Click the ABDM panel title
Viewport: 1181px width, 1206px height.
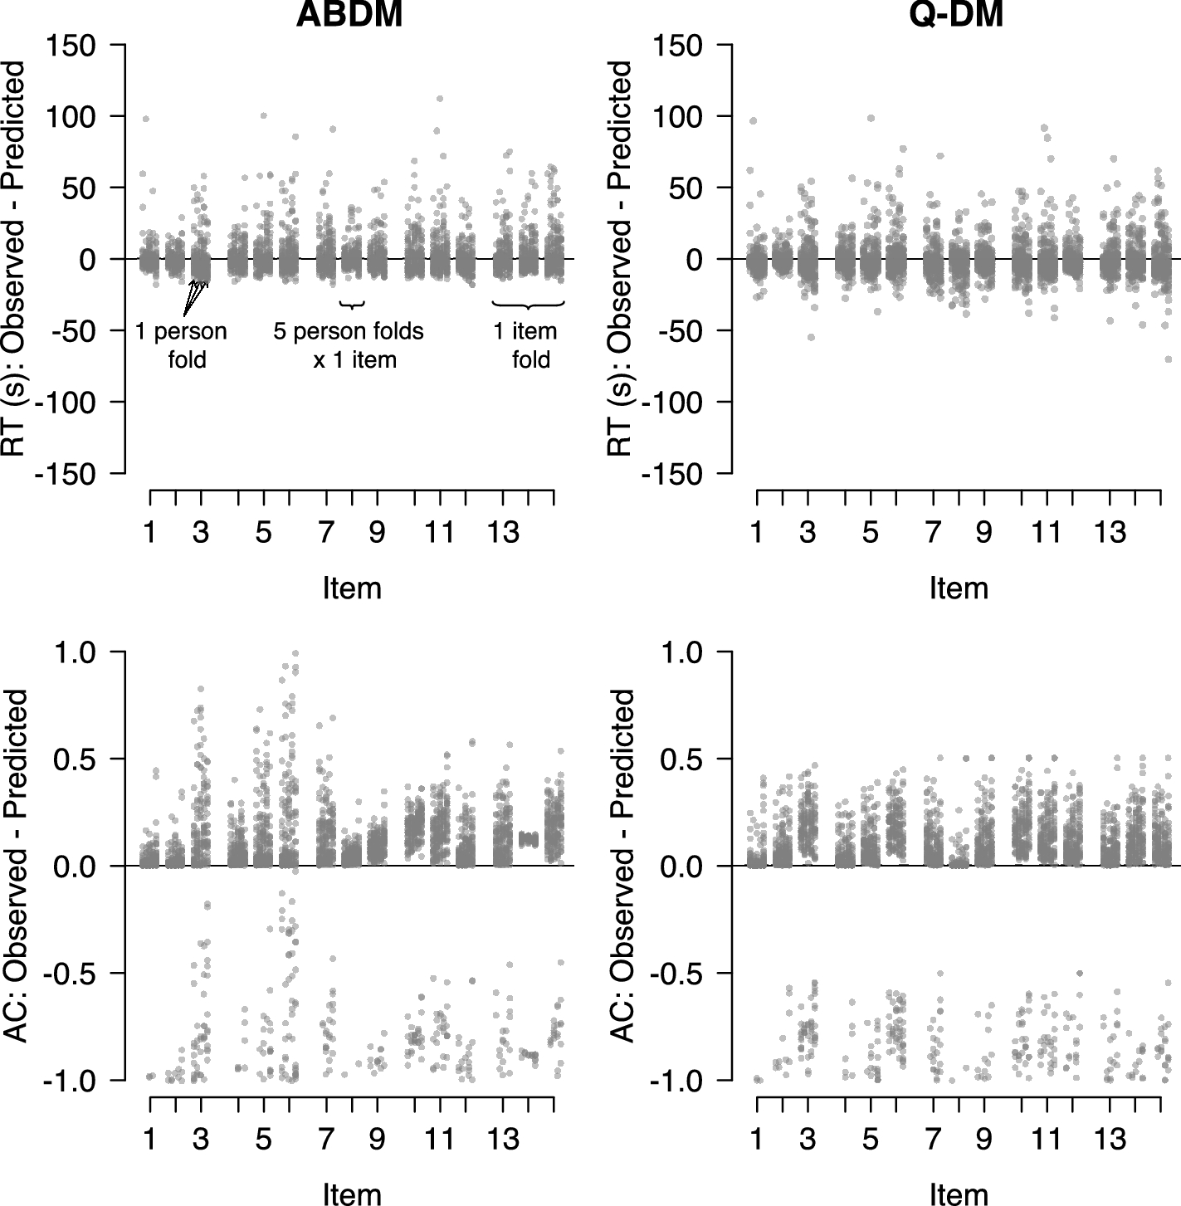point(349,14)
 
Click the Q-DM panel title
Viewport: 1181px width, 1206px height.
point(957,14)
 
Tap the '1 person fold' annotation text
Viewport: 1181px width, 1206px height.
point(182,344)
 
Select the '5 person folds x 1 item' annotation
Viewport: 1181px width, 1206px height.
point(349,344)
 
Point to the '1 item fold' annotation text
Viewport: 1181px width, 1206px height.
point(525,344)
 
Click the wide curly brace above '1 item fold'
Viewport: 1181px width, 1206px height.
point(529,305)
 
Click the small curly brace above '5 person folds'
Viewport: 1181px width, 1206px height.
point(353,305)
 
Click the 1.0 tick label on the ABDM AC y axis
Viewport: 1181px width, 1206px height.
point(75,652)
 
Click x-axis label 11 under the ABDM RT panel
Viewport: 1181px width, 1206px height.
point(439,533)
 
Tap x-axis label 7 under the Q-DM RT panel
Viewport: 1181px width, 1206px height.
point(933,533)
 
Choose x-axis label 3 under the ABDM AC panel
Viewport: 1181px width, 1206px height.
point(201,1140)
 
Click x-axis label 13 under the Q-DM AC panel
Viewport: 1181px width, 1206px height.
point(1110,1140)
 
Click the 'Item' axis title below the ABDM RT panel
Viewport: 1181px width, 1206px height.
point(352,588)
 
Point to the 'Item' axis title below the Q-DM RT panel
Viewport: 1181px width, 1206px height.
point(959,588)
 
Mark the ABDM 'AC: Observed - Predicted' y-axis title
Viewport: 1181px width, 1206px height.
point(17,867)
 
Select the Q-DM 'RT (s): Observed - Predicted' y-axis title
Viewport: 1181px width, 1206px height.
point(622,258)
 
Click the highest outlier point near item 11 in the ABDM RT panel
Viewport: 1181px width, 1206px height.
point(439,99)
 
